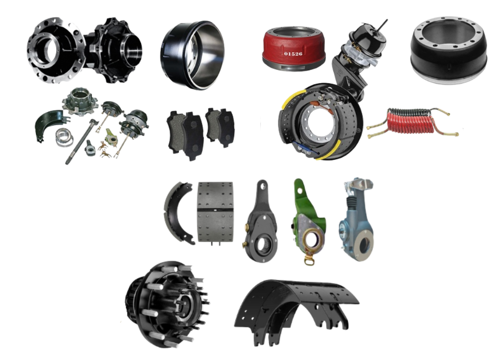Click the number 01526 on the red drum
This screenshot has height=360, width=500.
293,54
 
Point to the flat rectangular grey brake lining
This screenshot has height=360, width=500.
215,211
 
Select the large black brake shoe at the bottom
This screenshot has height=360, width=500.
296,310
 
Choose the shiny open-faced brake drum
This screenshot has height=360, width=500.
192,55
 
